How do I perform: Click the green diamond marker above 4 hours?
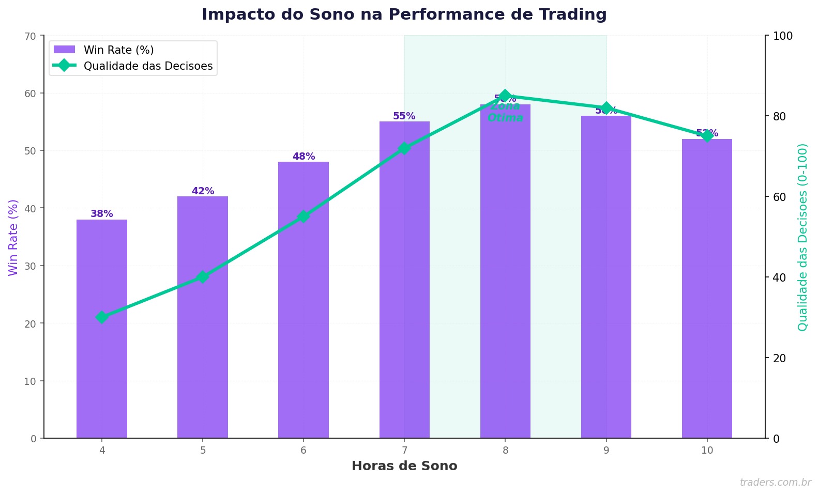click(102, 317)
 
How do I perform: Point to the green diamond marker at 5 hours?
click(203, 277)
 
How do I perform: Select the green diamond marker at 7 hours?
click(404, 148)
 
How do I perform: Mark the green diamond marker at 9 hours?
click(606, 108)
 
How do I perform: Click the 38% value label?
click(102, 214)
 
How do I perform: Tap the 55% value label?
click(404, 116)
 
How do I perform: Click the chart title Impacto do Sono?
click(404, 14)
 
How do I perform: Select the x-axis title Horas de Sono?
click(404, 466)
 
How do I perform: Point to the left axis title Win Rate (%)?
click(13, 237)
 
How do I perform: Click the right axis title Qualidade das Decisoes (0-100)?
click(802, 237)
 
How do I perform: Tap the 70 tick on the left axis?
click(32, 36)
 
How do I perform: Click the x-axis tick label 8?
click(505, 451)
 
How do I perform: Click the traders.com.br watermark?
click(775, 483)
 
